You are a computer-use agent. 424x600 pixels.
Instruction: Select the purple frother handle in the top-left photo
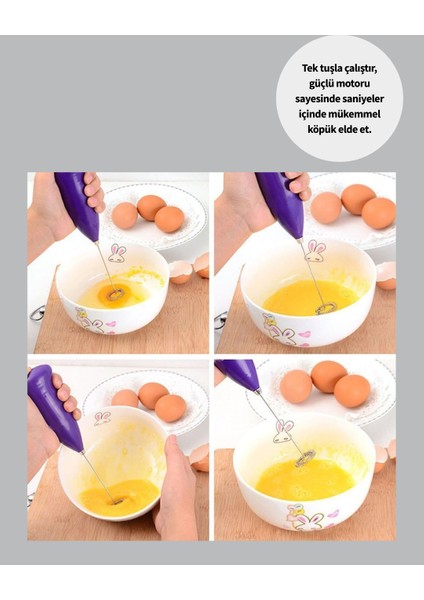[79, 205]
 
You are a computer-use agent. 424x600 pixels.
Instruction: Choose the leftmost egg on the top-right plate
[326, 206]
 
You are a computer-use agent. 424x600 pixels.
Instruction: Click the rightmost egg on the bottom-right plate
[352, 391]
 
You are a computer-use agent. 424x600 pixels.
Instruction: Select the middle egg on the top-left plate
[151, 207]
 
